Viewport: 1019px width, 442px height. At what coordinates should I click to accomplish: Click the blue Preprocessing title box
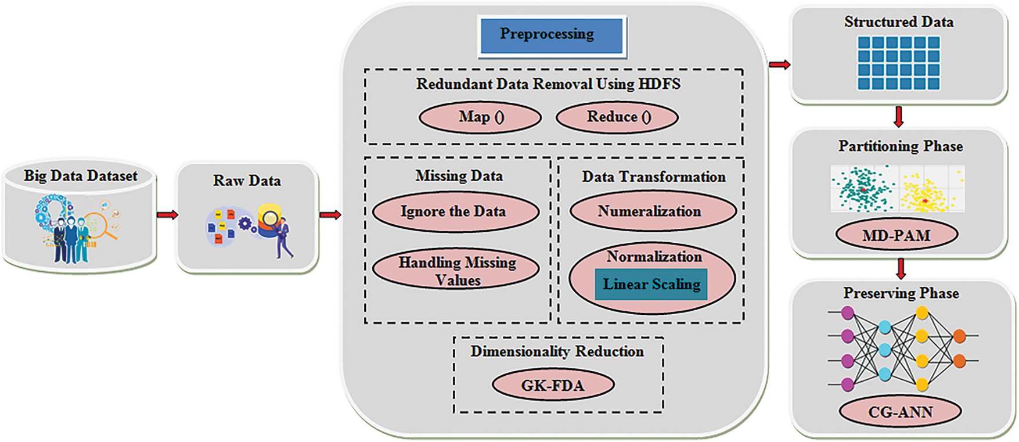coord(552,36)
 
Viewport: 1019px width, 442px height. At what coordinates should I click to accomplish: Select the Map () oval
coord(480,117)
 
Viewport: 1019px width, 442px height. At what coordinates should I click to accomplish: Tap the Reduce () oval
coord(617,117)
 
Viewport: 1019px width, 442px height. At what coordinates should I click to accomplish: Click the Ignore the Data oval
coord(455,212)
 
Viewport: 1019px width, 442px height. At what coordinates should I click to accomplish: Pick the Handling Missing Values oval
coord(455,270)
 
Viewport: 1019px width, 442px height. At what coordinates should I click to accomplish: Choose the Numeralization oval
coord(653,212)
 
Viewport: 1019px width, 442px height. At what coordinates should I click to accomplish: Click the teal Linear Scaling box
coord(651,285)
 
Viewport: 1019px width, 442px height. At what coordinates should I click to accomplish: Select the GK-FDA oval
coord(553,385)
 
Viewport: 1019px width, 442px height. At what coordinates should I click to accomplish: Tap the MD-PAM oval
coord(896,235)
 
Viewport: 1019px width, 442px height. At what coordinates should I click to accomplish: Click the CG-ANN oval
coord(900,412)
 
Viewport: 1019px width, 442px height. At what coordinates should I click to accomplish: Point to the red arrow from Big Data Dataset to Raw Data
coord(167,215)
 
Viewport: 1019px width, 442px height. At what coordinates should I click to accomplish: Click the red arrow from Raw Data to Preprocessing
coord(330,215)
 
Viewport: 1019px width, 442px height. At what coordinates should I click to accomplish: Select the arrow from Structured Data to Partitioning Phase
coord(899,116)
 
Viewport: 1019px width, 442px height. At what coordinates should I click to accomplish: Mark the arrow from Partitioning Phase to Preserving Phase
coord(901,268)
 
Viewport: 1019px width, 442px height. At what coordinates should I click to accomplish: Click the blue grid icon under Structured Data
coord(898,63)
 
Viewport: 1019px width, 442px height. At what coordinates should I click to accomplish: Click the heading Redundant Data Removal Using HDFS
coord(548,84)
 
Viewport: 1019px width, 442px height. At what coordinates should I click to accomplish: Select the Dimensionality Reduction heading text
coord(557,351)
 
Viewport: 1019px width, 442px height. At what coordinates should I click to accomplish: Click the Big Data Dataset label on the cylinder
coord(80,176)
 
